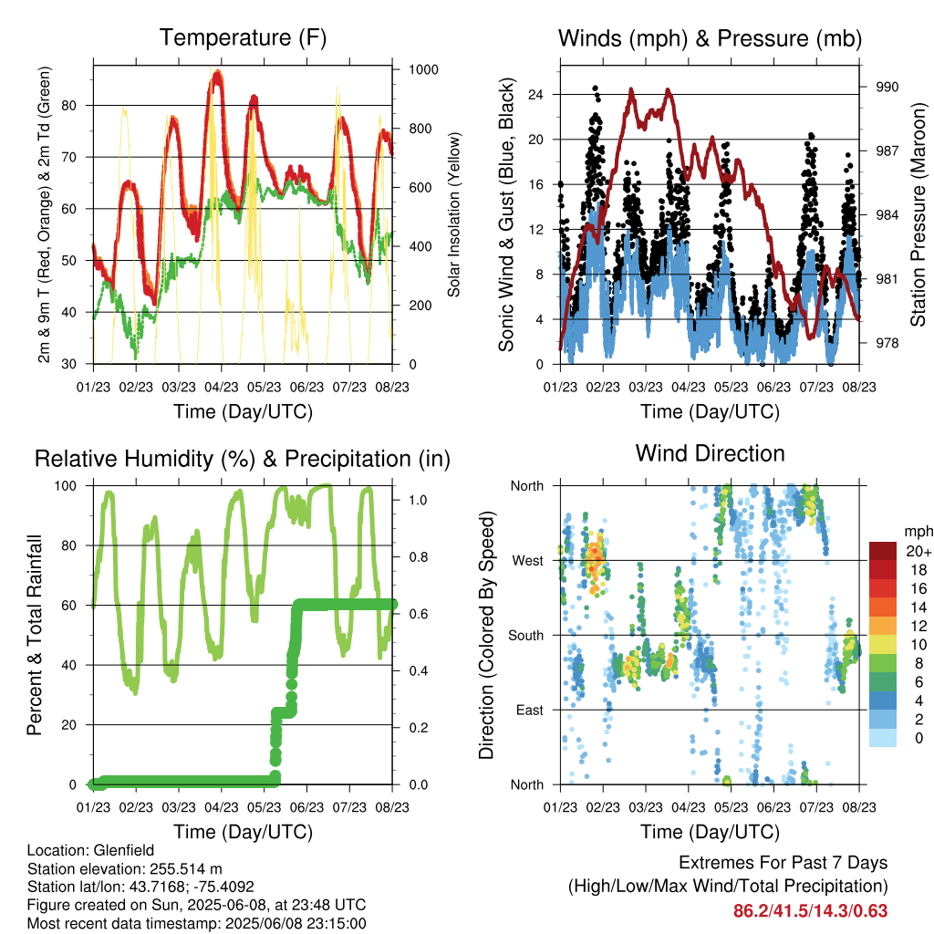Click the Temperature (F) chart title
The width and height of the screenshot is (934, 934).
[243, 37]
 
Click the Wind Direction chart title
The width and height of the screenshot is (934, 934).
[710, 453]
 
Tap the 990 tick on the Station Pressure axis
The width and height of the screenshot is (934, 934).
[887, 87]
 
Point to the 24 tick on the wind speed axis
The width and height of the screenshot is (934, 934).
[535, 94]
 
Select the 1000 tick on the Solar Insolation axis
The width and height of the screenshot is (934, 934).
[423, 69]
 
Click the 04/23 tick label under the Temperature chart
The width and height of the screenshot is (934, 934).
[222, 387]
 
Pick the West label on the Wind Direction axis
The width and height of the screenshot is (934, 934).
[528, 561]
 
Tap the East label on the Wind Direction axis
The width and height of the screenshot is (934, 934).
[530, 710]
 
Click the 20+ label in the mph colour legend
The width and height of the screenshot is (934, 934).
[918, 552]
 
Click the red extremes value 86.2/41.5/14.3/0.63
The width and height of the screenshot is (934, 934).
[810, 911]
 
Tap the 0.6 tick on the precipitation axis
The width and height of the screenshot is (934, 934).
[418, 614]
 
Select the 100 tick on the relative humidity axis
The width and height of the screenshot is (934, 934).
[66, 485]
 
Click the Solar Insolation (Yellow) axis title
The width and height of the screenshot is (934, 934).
[454, 214]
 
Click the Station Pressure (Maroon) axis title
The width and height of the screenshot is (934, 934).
[918, 214]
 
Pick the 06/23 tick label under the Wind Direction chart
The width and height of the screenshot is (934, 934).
[773, 806]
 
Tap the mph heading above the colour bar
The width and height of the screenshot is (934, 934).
[918, 532]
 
